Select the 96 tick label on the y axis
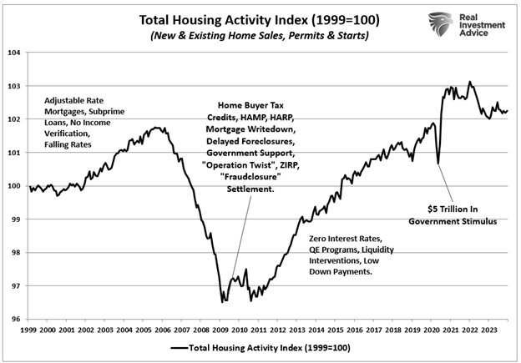[15, 319]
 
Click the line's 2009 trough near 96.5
[222, 300]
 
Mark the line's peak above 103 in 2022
[470, 82]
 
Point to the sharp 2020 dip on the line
[438, 164]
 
